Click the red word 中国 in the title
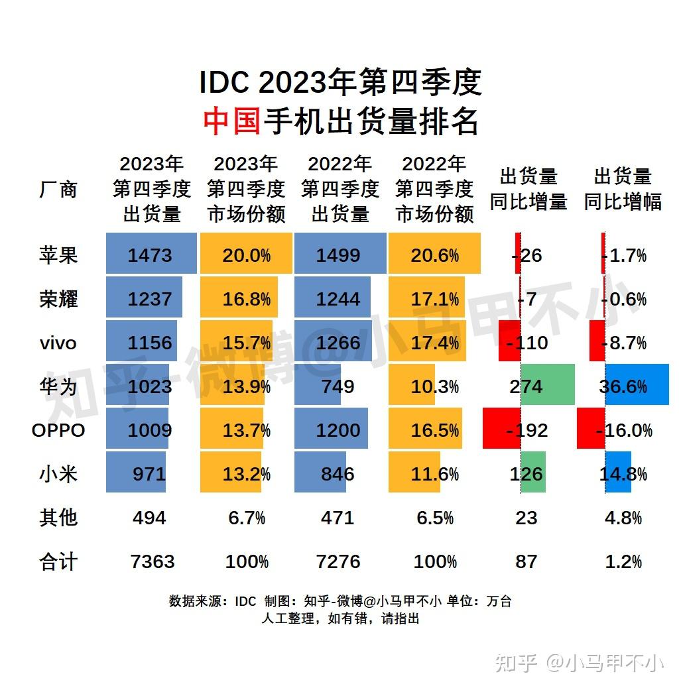(x=231, y=122)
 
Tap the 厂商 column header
(x=58, y=190)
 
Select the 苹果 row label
(x=58, y=255)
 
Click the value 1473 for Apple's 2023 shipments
(x=151, y=255)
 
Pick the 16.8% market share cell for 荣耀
(x=246, y=299)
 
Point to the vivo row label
(x=58, y=343)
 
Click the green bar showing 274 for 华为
(x=546, y=386)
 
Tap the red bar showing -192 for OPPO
(x=502, y=430)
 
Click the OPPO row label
(x=58, y=430)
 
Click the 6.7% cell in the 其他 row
(x=246, y=518)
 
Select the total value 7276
(x=338, y=561)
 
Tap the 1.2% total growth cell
(x=623, y=561)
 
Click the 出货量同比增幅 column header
(x=623, y=190)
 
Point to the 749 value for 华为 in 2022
(x=338, y=386)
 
